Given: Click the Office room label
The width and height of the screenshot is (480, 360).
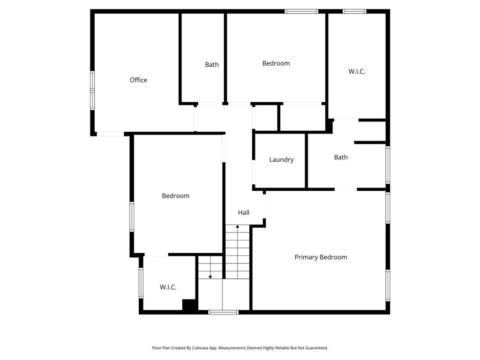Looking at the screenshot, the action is (138, 80).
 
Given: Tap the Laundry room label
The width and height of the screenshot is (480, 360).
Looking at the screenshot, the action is (281, 159).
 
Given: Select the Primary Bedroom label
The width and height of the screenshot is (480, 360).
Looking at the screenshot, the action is (321, 257).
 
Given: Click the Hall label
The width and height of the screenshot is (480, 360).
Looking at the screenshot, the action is (244, 212).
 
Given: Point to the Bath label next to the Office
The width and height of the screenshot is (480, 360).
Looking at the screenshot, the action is (212, 65).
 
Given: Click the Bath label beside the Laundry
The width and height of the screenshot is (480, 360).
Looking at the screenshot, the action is (341, 157).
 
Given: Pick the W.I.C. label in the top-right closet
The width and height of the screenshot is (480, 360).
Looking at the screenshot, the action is (357, 71).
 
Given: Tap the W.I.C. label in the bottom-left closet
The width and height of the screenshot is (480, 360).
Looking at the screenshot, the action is (168, 287).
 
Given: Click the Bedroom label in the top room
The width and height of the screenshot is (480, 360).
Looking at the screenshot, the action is (276, 63).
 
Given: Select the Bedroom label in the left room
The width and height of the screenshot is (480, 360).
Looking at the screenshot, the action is (176, 196).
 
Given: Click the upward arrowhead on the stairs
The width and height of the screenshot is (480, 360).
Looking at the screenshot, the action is (238, 226).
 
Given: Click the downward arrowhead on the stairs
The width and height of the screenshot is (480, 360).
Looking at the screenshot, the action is (210, 277).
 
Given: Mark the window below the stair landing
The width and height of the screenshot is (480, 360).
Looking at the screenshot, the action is (224, 312).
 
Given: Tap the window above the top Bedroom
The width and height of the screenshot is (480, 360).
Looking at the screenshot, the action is (301, 11).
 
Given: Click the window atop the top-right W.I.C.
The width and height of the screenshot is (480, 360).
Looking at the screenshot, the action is (354, 11).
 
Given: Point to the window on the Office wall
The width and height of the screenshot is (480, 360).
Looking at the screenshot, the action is (92, 90).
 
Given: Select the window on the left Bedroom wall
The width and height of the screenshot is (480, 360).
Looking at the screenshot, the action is (132, 217).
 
